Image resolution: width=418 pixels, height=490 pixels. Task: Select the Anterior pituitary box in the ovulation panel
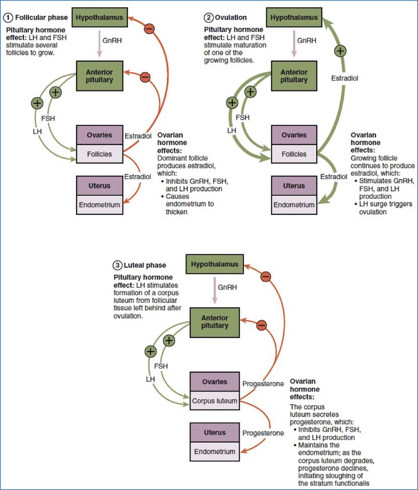point(294,76)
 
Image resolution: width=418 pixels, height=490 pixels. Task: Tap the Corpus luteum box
point(214,401)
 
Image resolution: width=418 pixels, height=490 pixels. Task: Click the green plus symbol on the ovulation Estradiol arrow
point(340,51)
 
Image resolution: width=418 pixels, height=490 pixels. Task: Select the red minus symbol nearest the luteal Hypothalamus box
point(266,277)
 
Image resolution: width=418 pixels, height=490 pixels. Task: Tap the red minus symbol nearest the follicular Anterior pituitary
point(145,77)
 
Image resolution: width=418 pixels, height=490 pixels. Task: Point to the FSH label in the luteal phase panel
point(161,366)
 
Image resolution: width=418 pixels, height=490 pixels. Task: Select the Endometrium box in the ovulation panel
point(294,205)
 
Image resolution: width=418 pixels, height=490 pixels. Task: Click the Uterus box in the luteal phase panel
point(214,432)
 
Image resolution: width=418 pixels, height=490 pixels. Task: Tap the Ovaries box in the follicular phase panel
point(99,135)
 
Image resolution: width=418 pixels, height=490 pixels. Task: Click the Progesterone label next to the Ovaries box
point(263,384)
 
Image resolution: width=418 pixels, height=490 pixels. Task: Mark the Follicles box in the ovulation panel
point(294,154)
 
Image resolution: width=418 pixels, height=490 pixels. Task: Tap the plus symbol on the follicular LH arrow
point(37,103)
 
